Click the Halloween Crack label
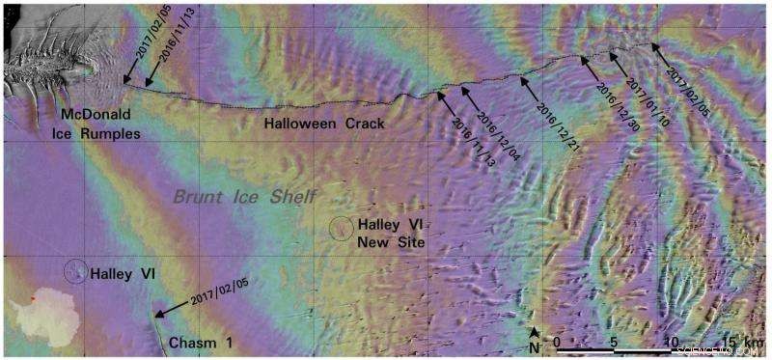325,124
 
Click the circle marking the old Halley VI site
74,271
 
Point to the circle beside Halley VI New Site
341,228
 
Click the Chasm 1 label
200,343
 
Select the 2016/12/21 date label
549,123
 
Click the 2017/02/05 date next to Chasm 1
219,294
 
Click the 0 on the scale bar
558,340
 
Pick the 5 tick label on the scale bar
614,340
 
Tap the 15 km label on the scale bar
744,340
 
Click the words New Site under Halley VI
390,240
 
